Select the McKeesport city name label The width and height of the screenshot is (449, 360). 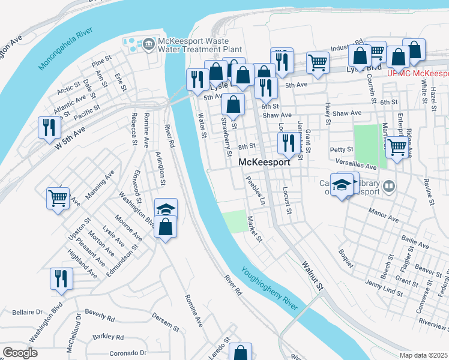[265, 163]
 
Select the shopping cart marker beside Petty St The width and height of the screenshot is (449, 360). [397, 146]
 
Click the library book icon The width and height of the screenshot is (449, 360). [390, 187]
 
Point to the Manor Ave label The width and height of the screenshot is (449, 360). [385, 215]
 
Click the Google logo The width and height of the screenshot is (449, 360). [20, 353]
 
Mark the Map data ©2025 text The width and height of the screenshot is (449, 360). [423, 355]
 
